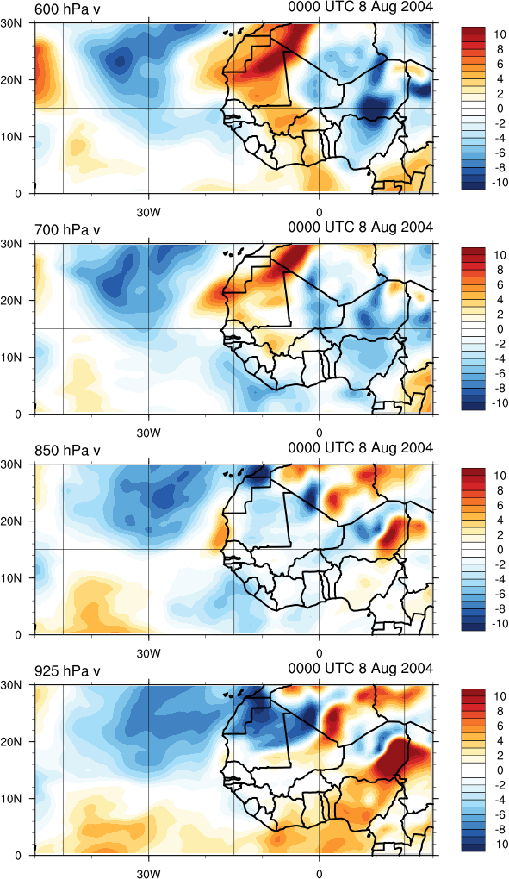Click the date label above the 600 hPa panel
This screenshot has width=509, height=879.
[x=361, y=7]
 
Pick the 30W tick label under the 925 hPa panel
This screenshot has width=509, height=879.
[x=149, y=874]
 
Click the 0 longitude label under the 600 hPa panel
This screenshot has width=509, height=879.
[x=320, y=213]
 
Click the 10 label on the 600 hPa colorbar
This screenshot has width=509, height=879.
[x=500, y=34]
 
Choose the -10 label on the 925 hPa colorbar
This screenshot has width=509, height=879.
[x=497, y=845]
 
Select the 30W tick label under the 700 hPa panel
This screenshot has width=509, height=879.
[x=149, y=433]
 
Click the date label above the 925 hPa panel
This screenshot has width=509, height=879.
[x=361, y=668]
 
